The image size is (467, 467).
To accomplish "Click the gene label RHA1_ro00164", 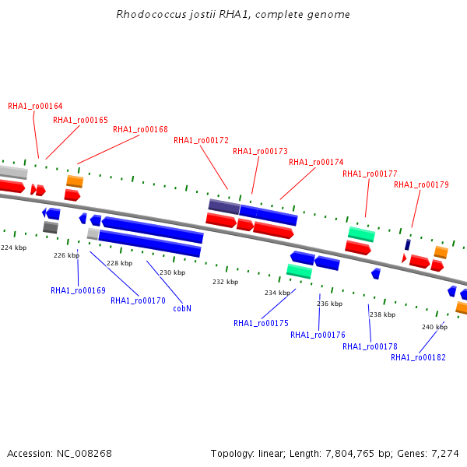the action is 35,106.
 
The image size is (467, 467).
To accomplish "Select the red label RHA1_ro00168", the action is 140,129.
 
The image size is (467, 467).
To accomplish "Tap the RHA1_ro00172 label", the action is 201,140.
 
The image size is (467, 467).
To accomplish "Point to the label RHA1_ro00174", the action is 316,162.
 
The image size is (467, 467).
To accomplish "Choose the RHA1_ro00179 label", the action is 421,184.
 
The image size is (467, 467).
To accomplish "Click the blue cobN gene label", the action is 182,308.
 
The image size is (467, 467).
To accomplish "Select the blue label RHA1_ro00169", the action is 78,290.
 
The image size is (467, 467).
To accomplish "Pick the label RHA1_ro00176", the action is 318,335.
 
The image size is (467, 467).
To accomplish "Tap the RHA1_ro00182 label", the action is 418,357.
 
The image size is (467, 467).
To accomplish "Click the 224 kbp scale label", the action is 14,248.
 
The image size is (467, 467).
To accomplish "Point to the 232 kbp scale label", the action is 226,282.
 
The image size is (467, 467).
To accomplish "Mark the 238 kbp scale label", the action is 382,314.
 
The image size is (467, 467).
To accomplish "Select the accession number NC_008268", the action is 84,453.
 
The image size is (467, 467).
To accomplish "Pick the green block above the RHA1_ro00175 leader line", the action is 300,271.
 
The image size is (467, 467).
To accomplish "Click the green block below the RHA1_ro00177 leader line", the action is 362,234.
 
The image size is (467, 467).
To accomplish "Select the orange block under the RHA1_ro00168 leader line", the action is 75,181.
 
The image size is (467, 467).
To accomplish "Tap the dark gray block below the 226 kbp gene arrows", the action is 51,227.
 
